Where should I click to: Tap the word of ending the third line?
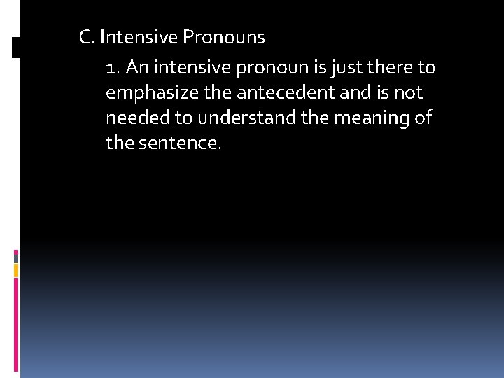tap(423, 118)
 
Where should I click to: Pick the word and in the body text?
tap(331, 93)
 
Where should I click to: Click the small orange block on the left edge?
tap(16, 270)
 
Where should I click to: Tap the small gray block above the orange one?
tap(16, 258)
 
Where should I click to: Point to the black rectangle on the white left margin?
tap(16, 47)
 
